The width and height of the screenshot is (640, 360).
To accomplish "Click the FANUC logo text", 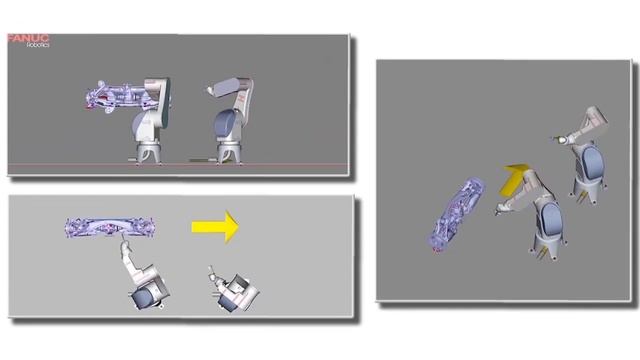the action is pyautogui.click(x=28, y=38).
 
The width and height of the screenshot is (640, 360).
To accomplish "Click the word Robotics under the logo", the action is pyautogui.click(x=38, y=45).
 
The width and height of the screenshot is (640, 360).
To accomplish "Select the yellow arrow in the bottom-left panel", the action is pyautogui.click(x=215, y=227).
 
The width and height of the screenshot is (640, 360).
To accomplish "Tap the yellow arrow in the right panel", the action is pyautogui.click(x=514, y=177).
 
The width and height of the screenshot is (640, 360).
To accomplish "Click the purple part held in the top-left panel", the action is pyautogui.click(x=116, y=96).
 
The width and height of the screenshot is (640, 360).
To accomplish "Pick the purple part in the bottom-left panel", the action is pyautogui.click(x=110, y=227).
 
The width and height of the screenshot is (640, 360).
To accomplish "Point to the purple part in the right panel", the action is pyautogui.click(x=456, y=214).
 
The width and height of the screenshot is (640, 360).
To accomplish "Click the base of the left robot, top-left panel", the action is pyautogui.click(x=148, y=153).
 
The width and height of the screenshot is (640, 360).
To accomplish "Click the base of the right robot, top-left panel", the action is pyautogui.click(x=229, y=153).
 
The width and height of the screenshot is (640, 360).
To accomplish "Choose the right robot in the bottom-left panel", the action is pyautogui.click(x=233, y=291).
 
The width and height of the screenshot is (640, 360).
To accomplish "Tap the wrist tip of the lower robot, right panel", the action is pyautogui.click(x=498, y=211).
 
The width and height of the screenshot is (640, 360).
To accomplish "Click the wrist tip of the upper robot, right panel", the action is pyautogui.click(x=556, y=140).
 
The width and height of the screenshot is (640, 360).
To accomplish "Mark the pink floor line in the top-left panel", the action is pyautogui.click(x=178, y=165).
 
